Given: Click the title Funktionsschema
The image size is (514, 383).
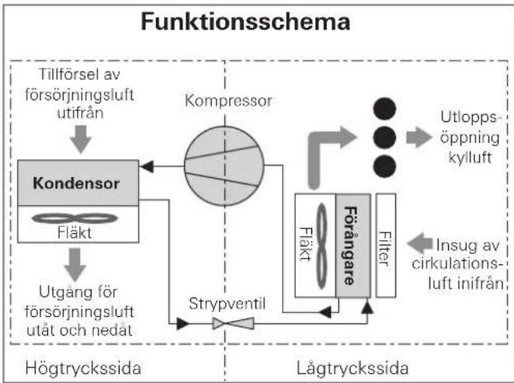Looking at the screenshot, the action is pos(245,22).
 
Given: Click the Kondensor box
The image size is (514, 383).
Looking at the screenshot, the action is pos(78,183).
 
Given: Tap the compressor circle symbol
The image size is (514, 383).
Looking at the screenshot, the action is pos(224,166).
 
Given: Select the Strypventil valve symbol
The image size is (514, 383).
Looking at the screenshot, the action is pos(233,324).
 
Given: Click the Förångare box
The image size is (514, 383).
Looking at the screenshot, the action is pos(353,245).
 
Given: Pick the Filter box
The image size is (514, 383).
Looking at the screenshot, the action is pos(385,245).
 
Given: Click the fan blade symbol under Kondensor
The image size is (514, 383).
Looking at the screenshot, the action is pos(75,218).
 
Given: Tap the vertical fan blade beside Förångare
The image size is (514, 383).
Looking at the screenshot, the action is pos(322,246).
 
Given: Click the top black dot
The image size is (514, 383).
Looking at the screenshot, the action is pos(384,109).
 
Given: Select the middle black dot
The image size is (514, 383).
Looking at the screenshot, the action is pos(384,138).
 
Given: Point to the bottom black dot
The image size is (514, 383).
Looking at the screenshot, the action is pos(384,166).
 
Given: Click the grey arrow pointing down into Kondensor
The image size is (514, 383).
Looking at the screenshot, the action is pos(81,139).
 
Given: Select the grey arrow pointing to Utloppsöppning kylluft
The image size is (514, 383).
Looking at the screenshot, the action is pos(419,137).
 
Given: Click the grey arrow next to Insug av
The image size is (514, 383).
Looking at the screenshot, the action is pos(420,244).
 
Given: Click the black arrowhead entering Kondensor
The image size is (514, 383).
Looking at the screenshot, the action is pos(147,166).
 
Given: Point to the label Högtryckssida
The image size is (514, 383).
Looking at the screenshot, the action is pos(83,368).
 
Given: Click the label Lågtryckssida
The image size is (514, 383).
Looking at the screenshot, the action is pos(353,368).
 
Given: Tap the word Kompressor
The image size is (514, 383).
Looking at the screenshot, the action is pos(228,101).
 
